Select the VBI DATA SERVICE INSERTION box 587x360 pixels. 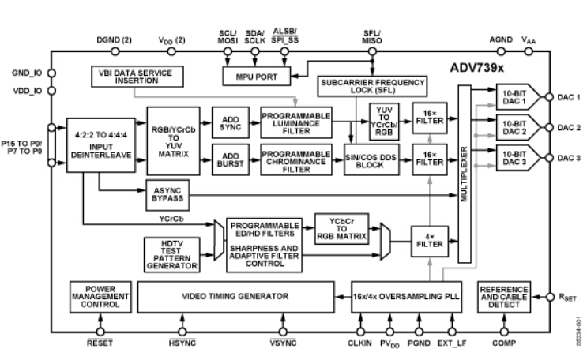[x=135, y=77]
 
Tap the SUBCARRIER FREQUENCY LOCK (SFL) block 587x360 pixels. [x=371, y=87]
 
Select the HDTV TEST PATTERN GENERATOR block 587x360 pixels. [x=171, y=254]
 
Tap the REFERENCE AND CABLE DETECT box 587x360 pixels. [x=503, y=296]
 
